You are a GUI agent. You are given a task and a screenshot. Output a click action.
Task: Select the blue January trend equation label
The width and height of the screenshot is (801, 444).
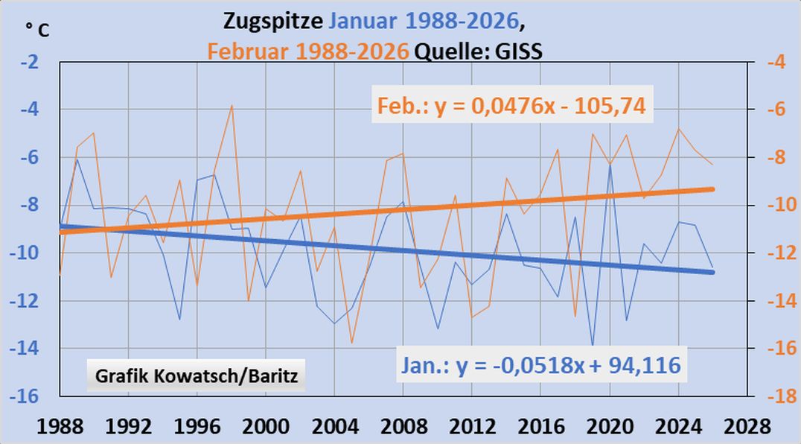tap(541, 366)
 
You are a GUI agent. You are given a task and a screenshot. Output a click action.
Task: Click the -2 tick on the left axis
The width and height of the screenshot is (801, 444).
tap(30, 63)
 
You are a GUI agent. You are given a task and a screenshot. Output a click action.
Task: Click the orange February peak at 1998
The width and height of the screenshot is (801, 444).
tap(232, 105)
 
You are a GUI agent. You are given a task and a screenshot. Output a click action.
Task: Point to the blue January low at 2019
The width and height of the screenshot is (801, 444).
tap(593, 346)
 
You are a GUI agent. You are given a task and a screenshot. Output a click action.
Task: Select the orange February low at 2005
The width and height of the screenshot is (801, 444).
tap(352, 343)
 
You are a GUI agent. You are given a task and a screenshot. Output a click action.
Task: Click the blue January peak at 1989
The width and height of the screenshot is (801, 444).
tap(77, 159)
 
